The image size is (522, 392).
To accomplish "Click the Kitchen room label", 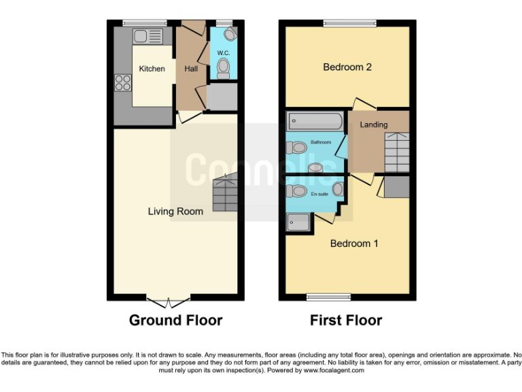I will coord(152,69).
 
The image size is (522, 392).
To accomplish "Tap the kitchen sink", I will coord(148,36).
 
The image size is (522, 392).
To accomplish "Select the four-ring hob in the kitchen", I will coord(123,83).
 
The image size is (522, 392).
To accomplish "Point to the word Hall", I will coord(191,69).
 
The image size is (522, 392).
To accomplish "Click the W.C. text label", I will coord(223,53).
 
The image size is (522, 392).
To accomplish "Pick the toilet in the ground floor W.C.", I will coord(223,67).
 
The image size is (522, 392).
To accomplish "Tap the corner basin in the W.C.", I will coord(229,33).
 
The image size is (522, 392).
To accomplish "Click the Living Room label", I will coord(175,212).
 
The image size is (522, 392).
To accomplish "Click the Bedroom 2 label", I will coord(347,67).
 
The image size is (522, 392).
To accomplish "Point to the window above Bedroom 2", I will coord(349,24).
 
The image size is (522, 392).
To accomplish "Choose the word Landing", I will coord(374,125).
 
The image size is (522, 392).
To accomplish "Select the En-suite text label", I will coord(319,195).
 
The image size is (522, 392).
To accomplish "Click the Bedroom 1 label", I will coord(354,244).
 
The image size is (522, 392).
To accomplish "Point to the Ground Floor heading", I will coord(175,320).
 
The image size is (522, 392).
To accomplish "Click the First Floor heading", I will coord(346,320).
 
